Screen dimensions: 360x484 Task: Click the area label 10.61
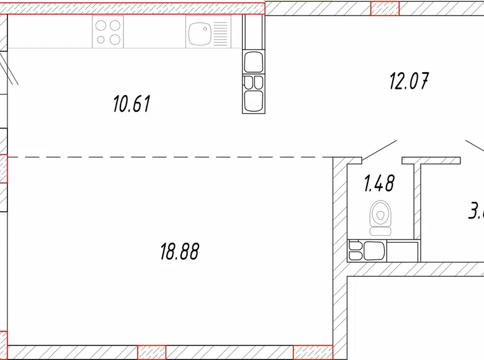point(132,104)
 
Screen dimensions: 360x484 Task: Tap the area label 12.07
point(409,81)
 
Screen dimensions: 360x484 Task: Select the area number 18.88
point(180,251)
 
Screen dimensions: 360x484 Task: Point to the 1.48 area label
point(379,184)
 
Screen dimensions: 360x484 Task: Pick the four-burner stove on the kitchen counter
point(108,32)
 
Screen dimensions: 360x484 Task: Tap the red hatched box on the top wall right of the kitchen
point(385,8)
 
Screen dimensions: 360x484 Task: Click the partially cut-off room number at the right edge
point(477,211)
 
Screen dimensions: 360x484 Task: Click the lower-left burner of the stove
point(101,39)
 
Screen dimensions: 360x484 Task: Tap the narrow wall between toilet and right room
point(418,211)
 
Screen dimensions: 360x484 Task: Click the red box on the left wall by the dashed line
point(3,168)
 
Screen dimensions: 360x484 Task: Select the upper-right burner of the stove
point(115,25)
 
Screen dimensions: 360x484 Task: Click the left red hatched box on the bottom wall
point(152,352)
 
